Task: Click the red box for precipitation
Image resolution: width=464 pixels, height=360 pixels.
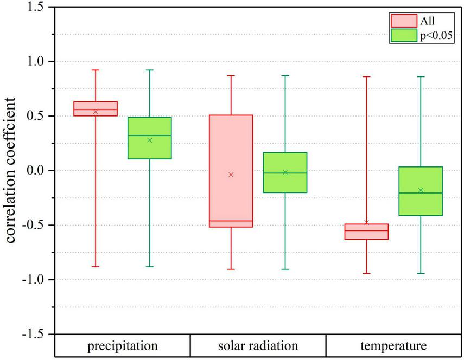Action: click(96, 108)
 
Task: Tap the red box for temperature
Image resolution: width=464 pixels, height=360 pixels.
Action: click(367, 232)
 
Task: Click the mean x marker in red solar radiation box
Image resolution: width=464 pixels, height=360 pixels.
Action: click(231, 175)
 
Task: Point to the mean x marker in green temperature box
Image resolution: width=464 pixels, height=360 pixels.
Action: click(421, 190)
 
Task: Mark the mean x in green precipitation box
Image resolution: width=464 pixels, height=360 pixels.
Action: click(150, 140)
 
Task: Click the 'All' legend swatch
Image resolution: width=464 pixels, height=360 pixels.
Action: click(403, 21)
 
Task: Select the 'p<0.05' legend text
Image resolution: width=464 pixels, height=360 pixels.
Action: click(436, 36)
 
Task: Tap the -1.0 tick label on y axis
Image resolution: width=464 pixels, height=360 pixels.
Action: click(34, 280)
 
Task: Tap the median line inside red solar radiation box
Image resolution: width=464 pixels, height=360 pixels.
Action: click(231, 221)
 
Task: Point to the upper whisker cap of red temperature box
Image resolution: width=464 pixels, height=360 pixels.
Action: click(367, 76)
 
